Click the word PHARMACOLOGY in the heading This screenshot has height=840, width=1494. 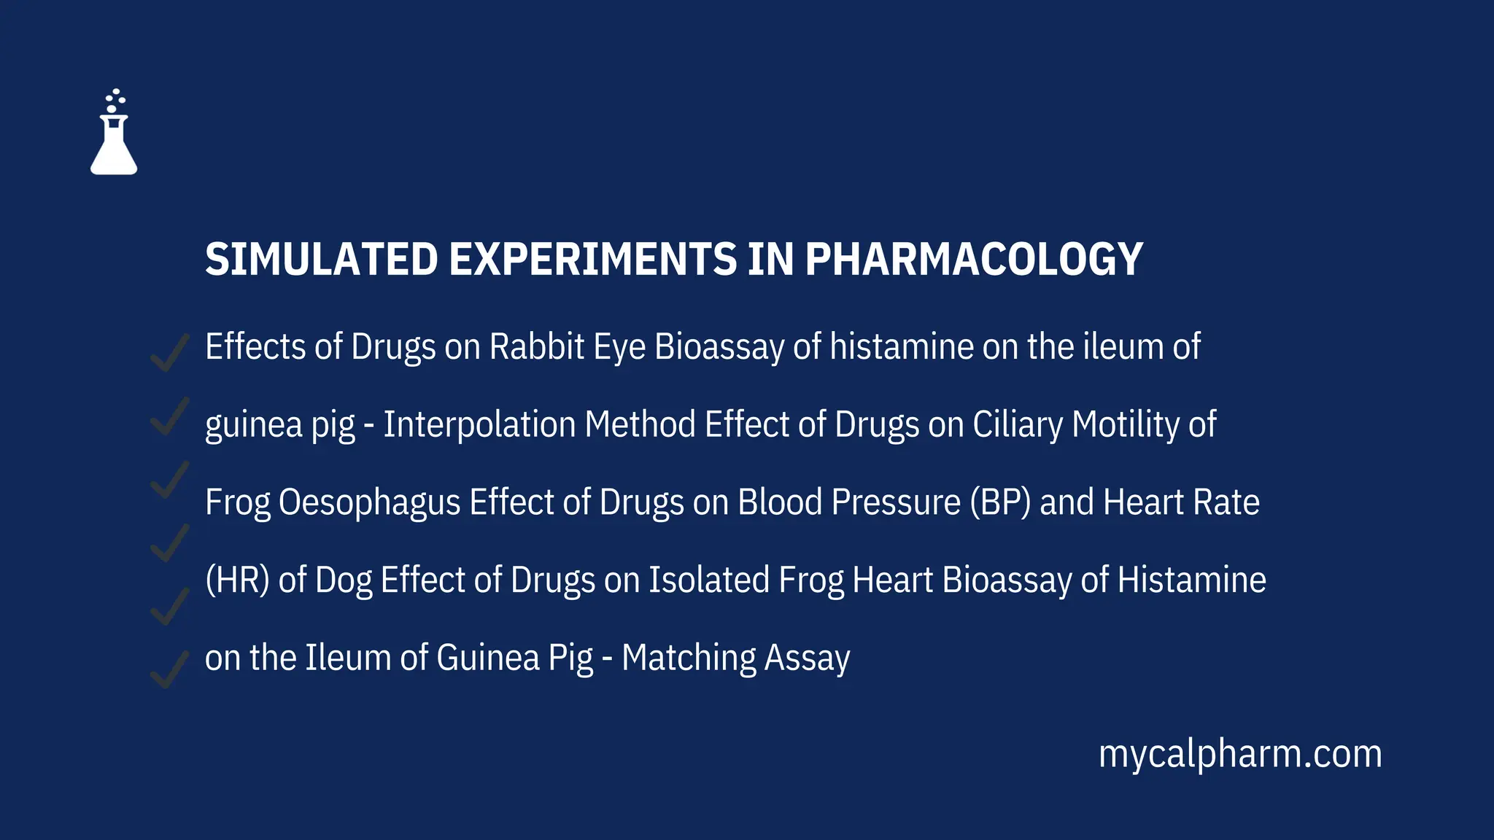[x=973, y=260]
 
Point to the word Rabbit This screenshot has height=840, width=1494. [x=537, y=346]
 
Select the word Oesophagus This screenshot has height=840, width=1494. [x=369, y=502]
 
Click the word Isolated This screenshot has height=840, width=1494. [x=709, y=580]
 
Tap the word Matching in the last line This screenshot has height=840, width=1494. [x=689, y=658]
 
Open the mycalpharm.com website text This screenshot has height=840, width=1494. [x=1240, y=754]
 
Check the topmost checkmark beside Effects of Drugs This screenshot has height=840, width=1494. [x=169, y=353]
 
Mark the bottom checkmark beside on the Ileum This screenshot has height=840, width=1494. [x=169, y=669]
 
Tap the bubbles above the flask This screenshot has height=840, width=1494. [x=115, y=100]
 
